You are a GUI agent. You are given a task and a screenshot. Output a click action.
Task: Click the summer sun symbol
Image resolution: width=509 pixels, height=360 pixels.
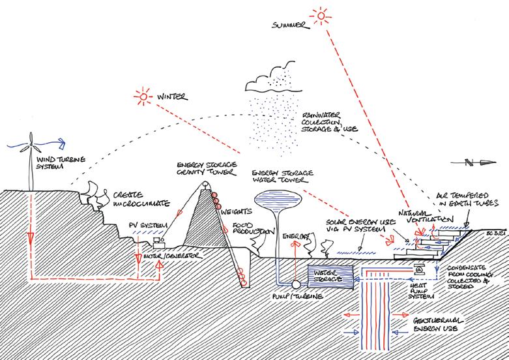click(320, 14)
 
